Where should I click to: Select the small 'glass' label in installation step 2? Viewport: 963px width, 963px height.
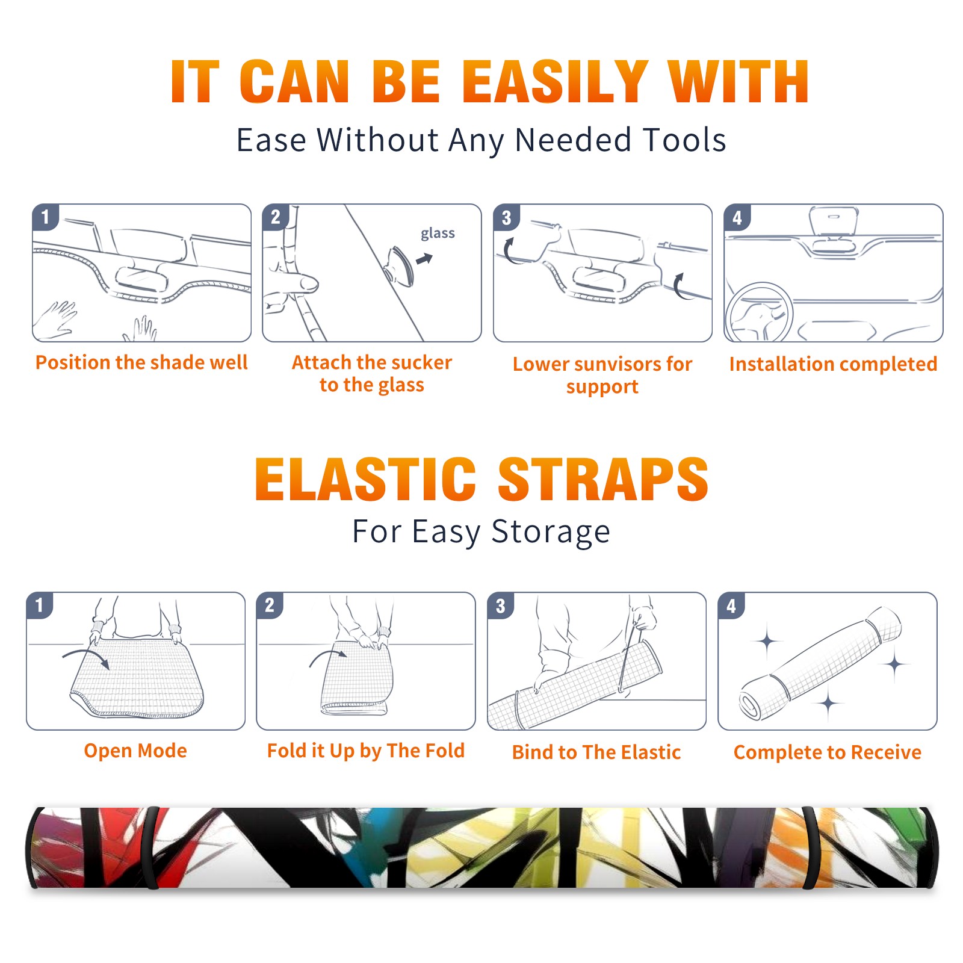[438, 234]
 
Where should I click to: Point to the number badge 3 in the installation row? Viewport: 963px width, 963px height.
[506, 217]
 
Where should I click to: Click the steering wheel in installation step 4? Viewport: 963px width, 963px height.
[759, 312]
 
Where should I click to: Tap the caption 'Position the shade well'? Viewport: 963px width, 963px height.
[141, 362]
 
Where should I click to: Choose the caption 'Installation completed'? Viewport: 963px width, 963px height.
[833, 364]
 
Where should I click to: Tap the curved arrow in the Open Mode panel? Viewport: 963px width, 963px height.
[85, 657]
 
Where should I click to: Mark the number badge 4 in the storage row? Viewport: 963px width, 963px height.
[731, 605]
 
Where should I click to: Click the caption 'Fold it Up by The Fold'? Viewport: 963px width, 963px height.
[366, 751]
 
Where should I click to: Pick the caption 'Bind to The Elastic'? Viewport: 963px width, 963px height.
[596, 752]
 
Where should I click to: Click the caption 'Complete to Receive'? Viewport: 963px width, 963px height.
[828, 752]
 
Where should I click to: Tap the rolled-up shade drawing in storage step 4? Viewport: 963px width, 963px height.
[820, 663]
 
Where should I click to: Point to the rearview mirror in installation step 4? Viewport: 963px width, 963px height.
[833, 221]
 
